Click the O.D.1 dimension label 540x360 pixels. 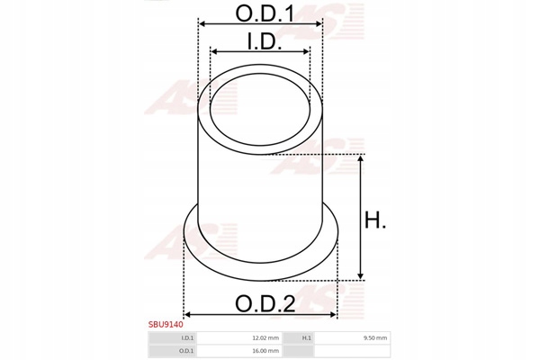(x=265, y=13)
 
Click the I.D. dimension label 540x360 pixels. (x=265, y=42)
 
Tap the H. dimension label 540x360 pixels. (x=375, y=220)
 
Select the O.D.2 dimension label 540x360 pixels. (x=265, y=304)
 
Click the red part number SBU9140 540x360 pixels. (x=166, y=325)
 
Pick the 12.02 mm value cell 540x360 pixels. (x=238, y=338)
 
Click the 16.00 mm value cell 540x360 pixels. (x=238, y=351)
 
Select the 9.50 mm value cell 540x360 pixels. (x=352, y=338)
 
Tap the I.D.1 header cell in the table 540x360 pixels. (x=172, y=338)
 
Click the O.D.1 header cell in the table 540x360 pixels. (x=172, y=351)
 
